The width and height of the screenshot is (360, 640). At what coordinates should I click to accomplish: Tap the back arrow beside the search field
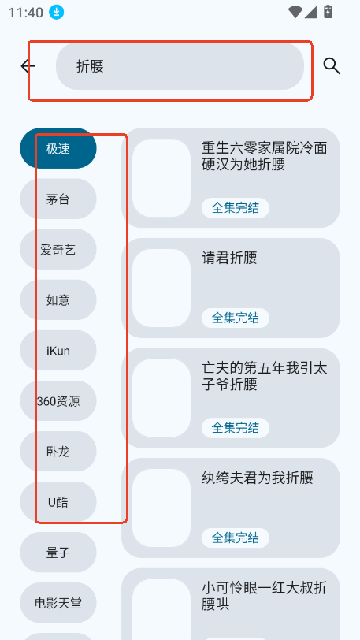pyautogui.click(x=28, y=65)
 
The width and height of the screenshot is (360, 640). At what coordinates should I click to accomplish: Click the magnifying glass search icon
pyautogui.click(x=332, y=65)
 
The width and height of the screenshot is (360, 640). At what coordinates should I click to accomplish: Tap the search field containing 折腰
pyautogui.click(x=180, y=66)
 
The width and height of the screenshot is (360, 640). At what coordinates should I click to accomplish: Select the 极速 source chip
pyautogui.click(x=58, y=148)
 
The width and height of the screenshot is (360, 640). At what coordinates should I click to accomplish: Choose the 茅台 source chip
pyautogui.click(x=58, y=199)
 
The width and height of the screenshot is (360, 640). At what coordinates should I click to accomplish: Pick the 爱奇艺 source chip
pyautogui.click(x=58, y=249)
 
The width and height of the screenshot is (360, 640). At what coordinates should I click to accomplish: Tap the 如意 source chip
pyautogui.click(x=58, y=300)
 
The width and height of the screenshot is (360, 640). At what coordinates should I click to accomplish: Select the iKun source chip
pyautogui.click(x=58, y=351)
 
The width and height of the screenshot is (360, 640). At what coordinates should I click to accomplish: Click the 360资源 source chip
pyautogui.click(x=58, y=401)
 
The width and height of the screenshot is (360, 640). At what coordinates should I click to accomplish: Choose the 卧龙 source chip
pyautogui.click(x=58, y=452)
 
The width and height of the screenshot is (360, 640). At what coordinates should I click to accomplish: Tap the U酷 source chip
pyautogui.click(x=58, y=502)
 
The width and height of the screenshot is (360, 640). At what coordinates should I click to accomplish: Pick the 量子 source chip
pyautogui.click(x=58, y=553)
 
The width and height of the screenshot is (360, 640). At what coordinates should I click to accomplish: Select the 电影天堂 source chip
pyautogui.click(x=58, y=603)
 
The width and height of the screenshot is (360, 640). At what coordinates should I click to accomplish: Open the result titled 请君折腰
pyautogui.click(x=229, y=258)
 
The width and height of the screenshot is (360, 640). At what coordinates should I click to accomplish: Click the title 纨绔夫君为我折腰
pyautogui.click(x=257, y=478)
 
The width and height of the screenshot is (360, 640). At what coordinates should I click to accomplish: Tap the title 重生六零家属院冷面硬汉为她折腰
pyautogui.click(x=265, y=156)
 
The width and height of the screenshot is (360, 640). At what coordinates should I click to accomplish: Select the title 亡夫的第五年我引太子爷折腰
pyautogui.click(x=265, y=376)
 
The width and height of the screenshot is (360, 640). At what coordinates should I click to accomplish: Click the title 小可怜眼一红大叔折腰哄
pyautogui.click(x=265, y=596)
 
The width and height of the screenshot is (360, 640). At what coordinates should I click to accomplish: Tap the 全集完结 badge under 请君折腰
pyautogui.click(x=236, y=318)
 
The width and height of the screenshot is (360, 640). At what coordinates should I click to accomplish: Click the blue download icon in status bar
pyautogui.click(x=57, y=12)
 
